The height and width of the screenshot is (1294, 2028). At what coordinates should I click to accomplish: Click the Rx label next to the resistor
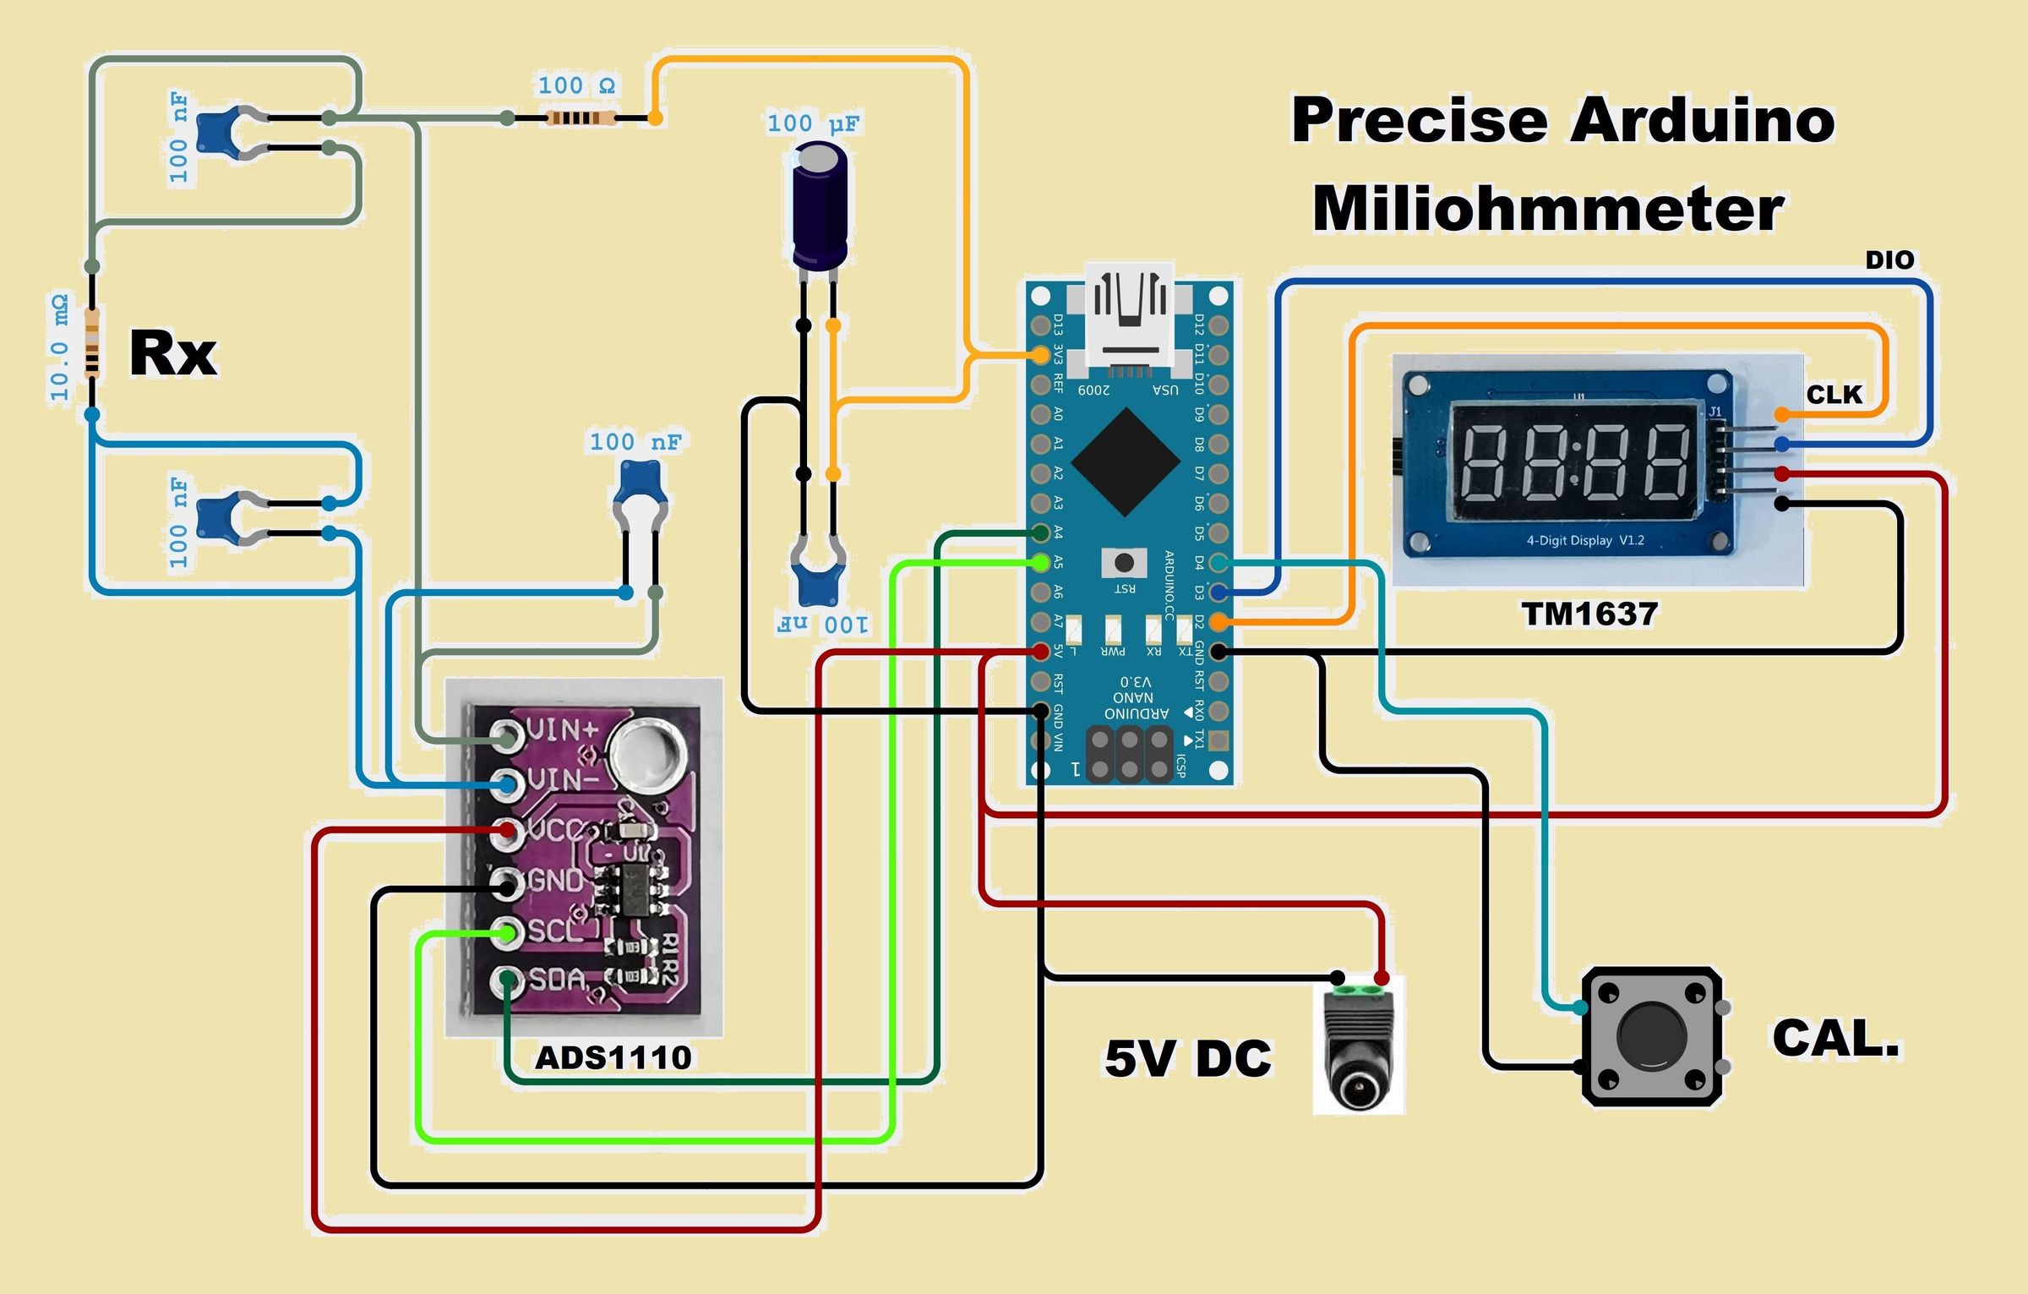pos(172,353)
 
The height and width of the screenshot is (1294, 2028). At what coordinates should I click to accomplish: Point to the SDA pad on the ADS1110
pos(507,980)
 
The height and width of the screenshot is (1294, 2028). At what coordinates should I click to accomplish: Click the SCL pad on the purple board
pos(507,932)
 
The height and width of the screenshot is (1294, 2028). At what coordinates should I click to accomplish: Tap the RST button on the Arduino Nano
pos(1124,563)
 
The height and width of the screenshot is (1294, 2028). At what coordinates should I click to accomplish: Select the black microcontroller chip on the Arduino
pos(1126,461)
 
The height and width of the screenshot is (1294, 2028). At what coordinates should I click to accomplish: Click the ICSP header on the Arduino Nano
pos(1129,755)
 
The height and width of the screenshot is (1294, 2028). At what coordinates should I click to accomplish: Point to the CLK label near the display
pos(1834,395)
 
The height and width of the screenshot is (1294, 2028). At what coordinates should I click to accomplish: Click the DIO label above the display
pos(1889,260)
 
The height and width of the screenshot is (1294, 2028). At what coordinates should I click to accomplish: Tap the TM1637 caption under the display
pos(1589,614)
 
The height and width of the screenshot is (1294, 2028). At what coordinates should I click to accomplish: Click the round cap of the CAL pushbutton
pos(1651,1036)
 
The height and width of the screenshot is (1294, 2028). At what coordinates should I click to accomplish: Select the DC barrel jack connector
pos(1358,1048)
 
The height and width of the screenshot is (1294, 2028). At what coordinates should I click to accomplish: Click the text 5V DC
pos(1187,1058)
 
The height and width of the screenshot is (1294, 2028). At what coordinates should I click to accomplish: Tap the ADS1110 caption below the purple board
pos(613,1057)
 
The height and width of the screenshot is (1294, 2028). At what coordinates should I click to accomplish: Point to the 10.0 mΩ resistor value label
pos(59,348)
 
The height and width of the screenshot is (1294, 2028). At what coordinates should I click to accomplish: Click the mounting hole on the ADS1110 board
pos(647,752)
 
